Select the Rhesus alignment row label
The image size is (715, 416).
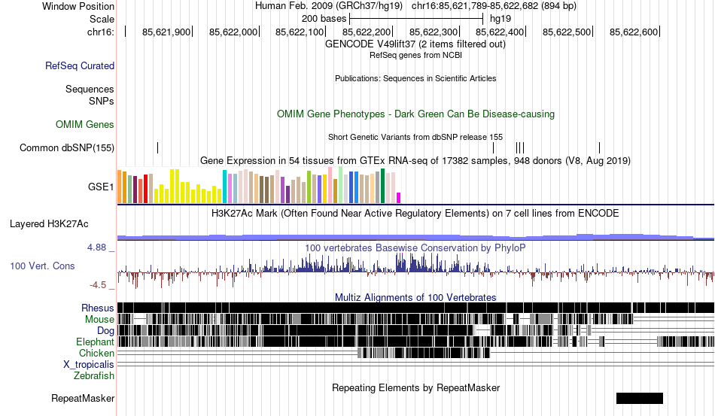[98, 308]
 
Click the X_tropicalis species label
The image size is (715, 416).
[89, 364]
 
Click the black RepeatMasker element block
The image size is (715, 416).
[639, 398]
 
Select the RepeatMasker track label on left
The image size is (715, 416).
[83, 398]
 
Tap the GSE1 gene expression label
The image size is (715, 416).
[101, 186]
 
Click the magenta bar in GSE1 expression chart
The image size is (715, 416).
[399, 198]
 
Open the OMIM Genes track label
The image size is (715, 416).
[85, 124]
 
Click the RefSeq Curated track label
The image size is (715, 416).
[80, 66]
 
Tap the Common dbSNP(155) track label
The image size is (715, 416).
[67, 147]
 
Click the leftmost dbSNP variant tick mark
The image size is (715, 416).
[157, 147]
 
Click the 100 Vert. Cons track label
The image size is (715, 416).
[42, 266]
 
